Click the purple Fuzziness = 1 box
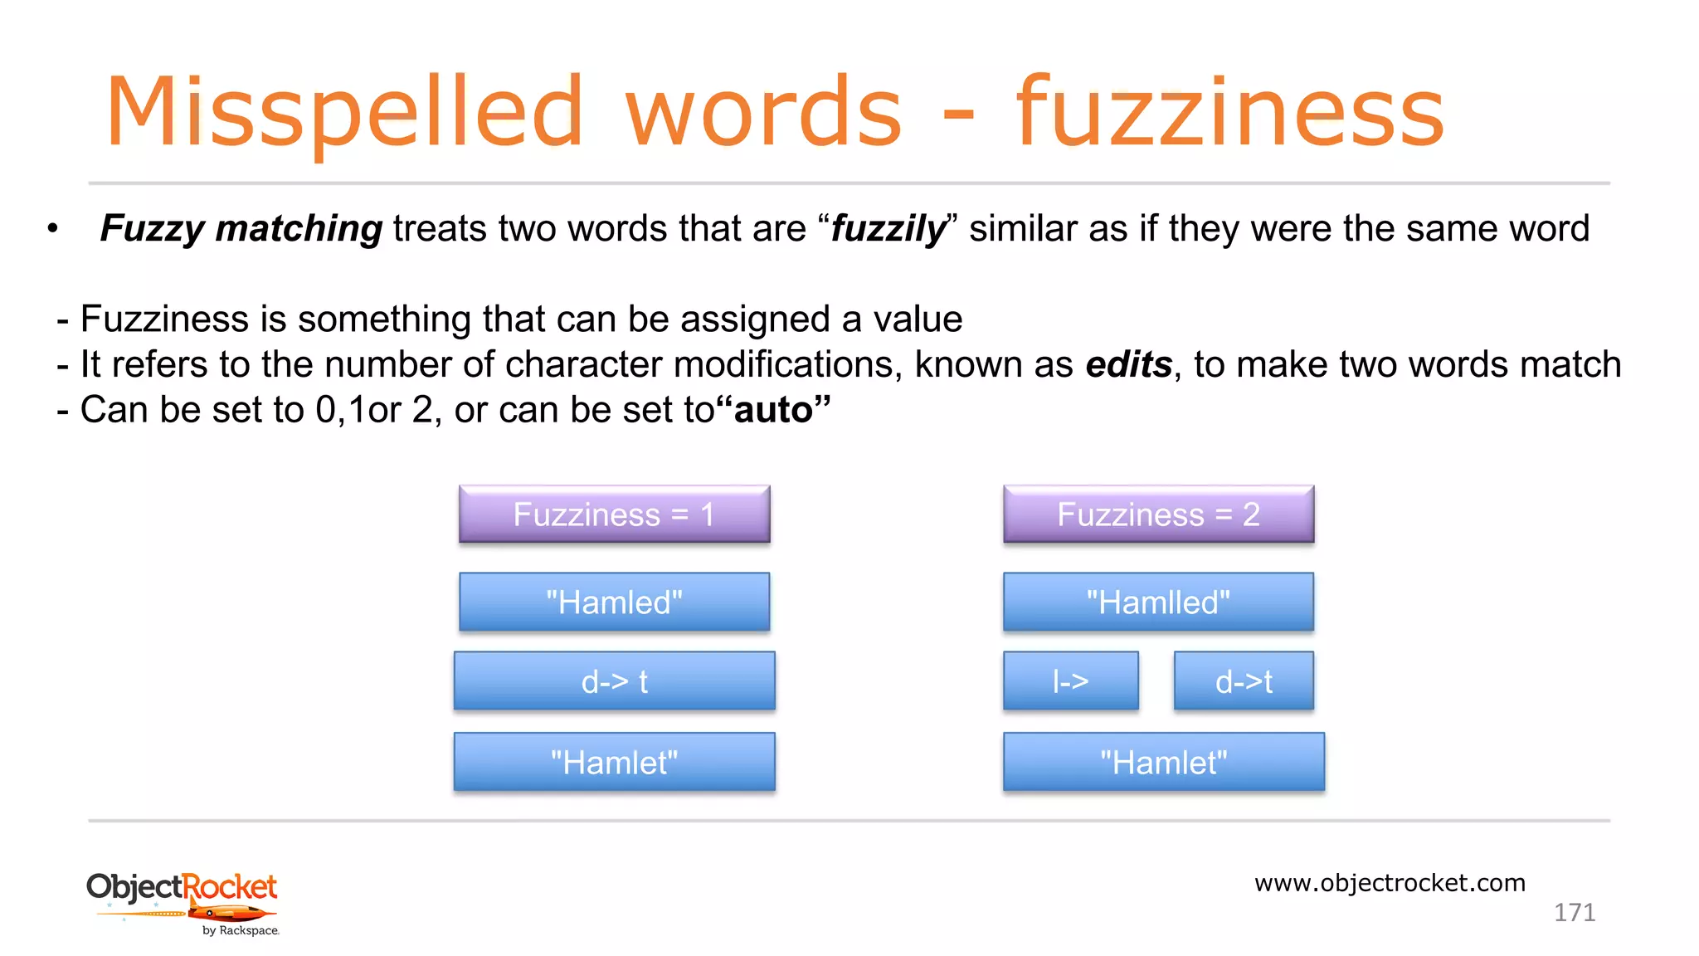tap(614, 515)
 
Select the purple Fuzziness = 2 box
tap(1158, 515)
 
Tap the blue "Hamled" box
tap(614, 602)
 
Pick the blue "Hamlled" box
tap(1158, 602)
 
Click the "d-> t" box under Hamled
tap(614, 681)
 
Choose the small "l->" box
tap(1070, 681)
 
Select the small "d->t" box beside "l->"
tap(1244, 681)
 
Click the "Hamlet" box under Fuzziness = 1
tap(614, 762)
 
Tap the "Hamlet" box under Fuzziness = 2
tap(1163, 762)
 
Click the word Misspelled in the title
tap(344, 112)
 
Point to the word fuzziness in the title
tap(1230, 112)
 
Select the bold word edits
tap(1128, 364)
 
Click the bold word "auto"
tap(773, 410)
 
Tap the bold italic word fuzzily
tap(888, 228)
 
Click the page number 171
tap(1574, 913)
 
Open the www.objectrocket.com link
tap(1390, 883)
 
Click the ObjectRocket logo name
tap(182, 887)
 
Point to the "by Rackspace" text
tap(241, 931)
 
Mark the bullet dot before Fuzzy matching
tap(53, 228)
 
